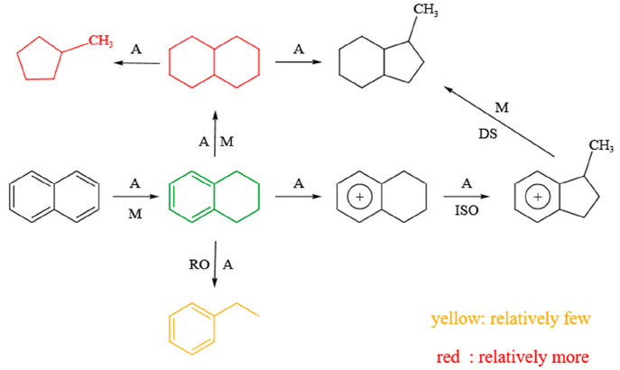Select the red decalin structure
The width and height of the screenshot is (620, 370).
pos(214,64)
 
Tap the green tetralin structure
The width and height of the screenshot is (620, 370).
pos(214,195)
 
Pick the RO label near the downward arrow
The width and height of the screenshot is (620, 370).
pos(199,267)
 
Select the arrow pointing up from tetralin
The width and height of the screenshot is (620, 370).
pos(214,129)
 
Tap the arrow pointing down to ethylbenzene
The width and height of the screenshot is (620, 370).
pos(214,267)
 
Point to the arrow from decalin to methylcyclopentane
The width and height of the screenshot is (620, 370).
pos(139,64)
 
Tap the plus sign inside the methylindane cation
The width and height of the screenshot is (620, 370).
pos(537,196)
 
